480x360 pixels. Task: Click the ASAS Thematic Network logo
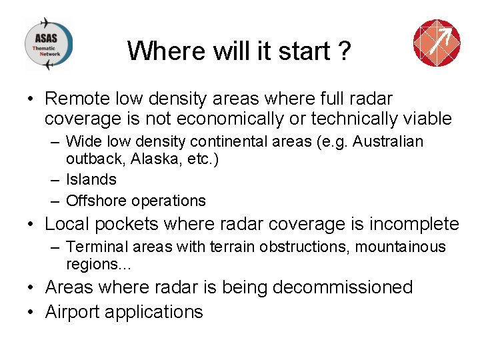tap(48, 44)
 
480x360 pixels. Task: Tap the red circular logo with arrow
tap(437, 43)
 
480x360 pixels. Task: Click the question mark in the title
tap(344, 51)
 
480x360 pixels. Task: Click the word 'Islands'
tap(91, 179)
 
